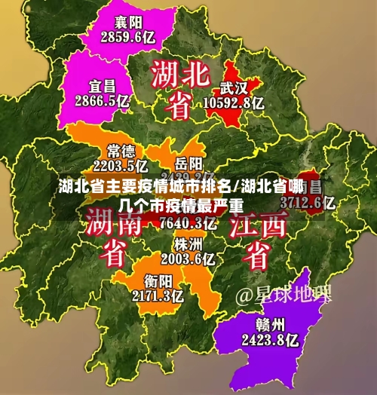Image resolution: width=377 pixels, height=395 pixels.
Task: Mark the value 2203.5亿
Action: coord(121,165)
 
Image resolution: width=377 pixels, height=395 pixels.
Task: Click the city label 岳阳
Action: coord(188,163)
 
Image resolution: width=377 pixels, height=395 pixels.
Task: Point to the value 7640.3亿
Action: coord(188,223)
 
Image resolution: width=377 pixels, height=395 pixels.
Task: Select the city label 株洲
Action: coord(188,245)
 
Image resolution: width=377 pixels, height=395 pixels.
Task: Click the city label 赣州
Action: coord(269,325)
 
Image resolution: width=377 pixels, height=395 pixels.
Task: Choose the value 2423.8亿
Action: coord(269,340)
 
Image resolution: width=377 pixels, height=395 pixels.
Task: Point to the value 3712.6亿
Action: coord(307,202)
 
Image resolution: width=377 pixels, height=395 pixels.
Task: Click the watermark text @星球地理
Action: coord(284,294)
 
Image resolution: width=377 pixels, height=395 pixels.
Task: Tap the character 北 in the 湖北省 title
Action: coord(199,75)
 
